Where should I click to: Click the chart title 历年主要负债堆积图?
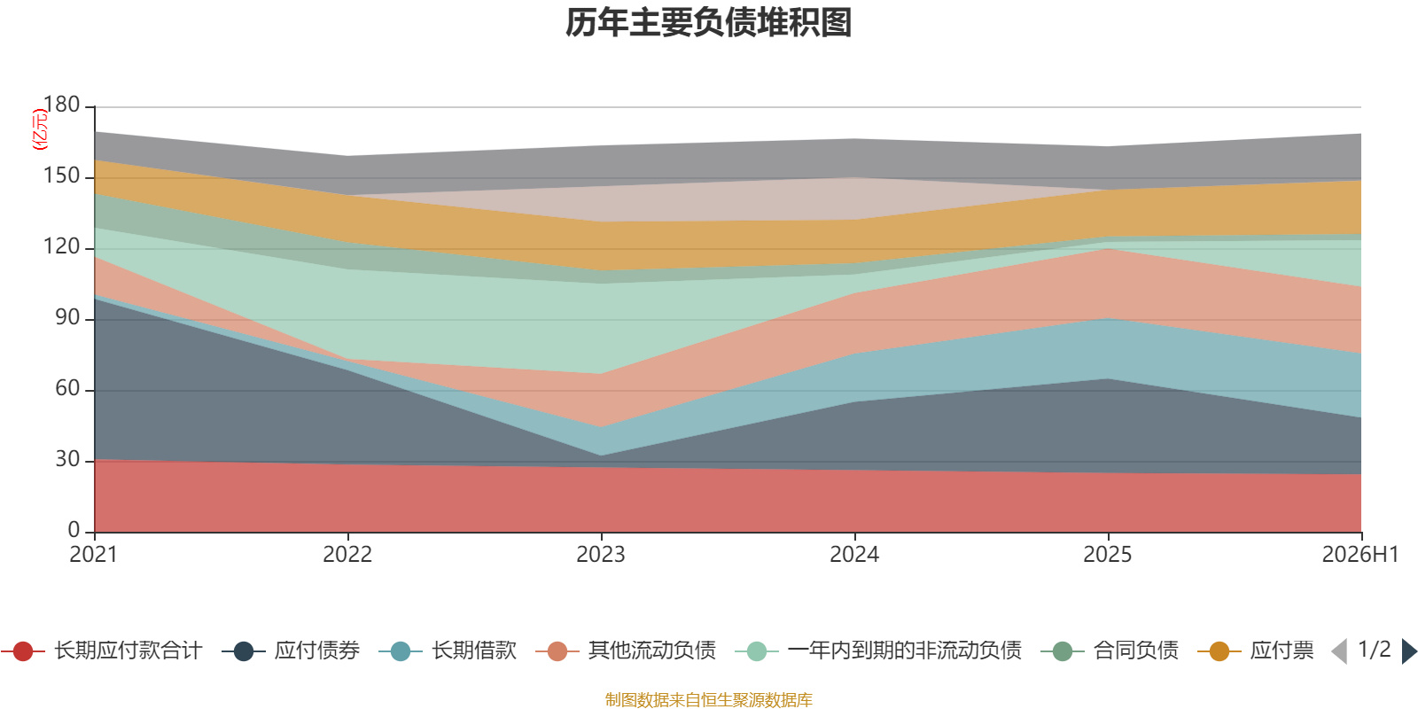[708, 23]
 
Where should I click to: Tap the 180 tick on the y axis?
[61, 105]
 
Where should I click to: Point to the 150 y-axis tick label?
[61, 175]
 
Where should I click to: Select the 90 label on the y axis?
[67, 317]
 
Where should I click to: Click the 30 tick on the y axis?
[67, 459]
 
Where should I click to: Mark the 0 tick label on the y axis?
[74, 530]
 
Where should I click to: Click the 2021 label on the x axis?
[94, 555]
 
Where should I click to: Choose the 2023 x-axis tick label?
[601, 555]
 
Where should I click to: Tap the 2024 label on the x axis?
[854, 555]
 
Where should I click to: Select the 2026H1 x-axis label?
[1360, 555]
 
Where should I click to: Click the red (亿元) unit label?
[39, 129]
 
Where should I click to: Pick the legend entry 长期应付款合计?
[101, 651]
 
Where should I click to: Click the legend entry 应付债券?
[291, 651]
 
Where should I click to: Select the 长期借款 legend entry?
[448, 651]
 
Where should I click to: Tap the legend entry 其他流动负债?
[626, 651]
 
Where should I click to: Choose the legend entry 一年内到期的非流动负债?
[878, 651]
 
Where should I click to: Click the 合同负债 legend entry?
[1110, 651]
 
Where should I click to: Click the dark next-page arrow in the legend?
[1409, 651]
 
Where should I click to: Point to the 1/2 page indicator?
[1375, 650]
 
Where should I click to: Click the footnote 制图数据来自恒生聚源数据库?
[708, 699]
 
